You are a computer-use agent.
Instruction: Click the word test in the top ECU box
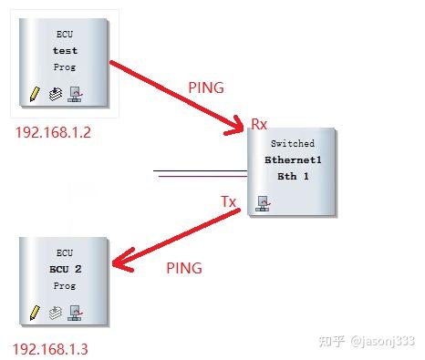(65, 51)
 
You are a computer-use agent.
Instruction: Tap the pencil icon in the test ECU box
(34, 93)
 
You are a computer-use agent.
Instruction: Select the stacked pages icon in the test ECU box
(55, 93)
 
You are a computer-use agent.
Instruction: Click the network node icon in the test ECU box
(77, 93)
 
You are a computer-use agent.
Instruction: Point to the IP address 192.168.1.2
(53, 132)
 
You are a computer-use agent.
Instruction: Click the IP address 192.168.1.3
(51, 349)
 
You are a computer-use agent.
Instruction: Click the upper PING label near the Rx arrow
(205, 88)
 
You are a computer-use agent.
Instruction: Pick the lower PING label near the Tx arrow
(184, 268)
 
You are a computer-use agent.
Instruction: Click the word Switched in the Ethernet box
(293, 144)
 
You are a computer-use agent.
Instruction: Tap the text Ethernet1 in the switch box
(293, 159)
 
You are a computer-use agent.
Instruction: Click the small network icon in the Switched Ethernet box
(263, 203)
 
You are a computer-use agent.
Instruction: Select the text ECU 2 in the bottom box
(65, 270)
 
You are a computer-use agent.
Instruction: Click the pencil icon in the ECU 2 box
(34, 312)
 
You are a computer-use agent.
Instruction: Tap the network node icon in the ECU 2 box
(77, 312)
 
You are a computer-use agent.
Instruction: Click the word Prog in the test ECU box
(65, 67)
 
